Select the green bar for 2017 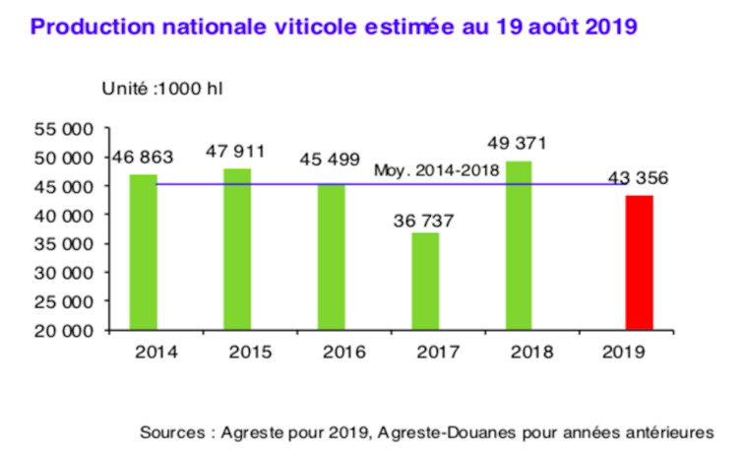click(425, 281)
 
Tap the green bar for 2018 click(521, 245)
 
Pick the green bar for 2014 click(144, 252)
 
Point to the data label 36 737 click(426, 220)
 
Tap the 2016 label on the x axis click(333, 350)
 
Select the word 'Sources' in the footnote click(169, 432)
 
